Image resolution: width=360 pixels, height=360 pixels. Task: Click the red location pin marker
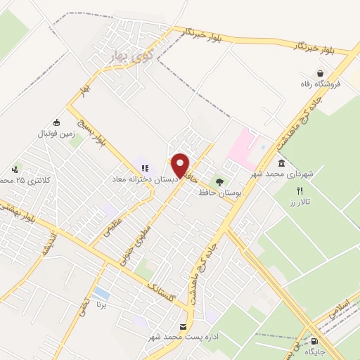coord(181,165)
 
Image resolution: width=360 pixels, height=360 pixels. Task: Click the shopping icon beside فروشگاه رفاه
coord(321,73)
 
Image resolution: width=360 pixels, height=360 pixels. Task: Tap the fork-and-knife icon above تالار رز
coord(300,191)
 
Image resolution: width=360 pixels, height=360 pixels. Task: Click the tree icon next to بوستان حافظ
coord(220,182)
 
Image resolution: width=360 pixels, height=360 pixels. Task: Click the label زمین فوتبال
coord(56,133)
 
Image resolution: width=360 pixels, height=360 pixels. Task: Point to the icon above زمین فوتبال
coord(56,122)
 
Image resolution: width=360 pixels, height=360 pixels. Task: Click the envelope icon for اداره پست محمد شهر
coord(184,327)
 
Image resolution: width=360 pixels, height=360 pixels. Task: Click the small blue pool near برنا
coord(101,292)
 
